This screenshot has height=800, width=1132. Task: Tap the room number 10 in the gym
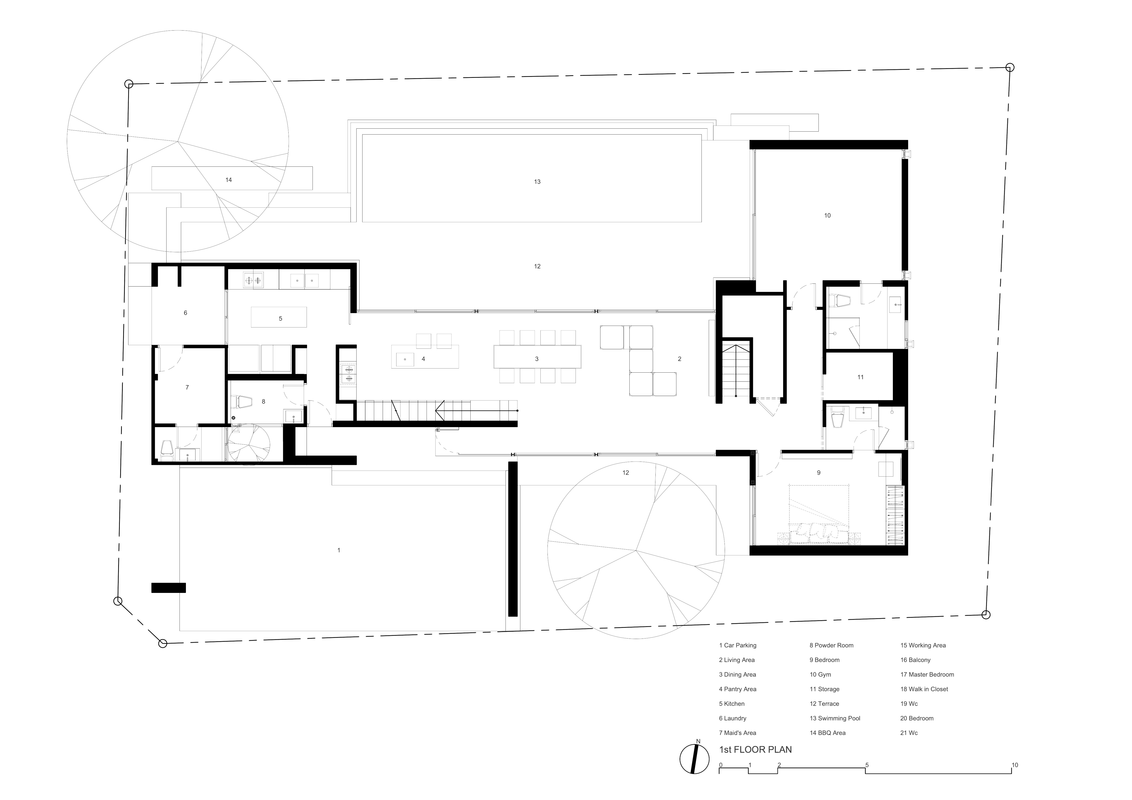click(827, 216)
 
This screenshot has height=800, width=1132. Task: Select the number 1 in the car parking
click(339, 550)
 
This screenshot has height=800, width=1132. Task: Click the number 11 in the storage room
click(860, 377)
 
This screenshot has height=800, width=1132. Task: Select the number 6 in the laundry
click(185, 312)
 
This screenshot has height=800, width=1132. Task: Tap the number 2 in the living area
click(679, 359)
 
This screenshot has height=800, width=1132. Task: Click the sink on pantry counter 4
click(405, 359)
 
